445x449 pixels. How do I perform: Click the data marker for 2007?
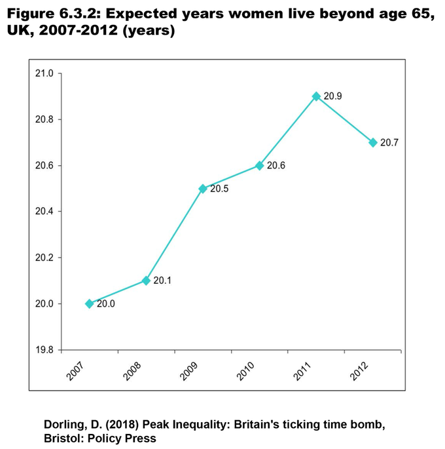point(89,303)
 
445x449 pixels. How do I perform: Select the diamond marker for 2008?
point(146,281)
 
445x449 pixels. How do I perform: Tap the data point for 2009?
point(203,189)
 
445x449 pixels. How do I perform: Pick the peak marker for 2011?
point(316,96)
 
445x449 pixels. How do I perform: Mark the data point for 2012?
point(373,142)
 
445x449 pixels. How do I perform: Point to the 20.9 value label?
point(333,96)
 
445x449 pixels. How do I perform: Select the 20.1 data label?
point(163,281)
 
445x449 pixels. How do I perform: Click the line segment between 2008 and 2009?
point(174,235)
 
